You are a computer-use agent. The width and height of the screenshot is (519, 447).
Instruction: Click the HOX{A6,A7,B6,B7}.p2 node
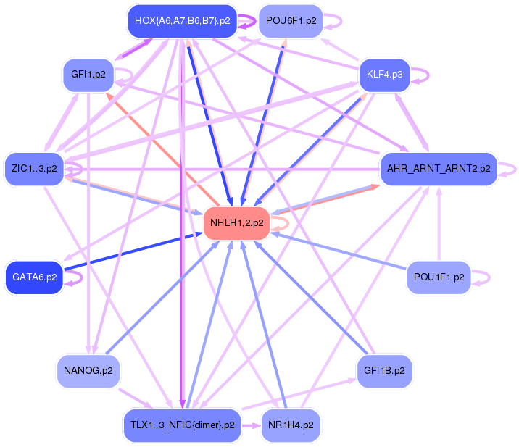coord(182,21)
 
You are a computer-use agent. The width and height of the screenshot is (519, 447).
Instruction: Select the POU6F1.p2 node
coord(291,21)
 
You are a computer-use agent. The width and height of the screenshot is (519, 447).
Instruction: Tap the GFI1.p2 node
coord(88,75)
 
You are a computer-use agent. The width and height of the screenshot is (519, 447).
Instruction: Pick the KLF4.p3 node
coord(385,75)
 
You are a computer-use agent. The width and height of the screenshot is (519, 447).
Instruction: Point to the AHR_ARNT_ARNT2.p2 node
coord(439,169)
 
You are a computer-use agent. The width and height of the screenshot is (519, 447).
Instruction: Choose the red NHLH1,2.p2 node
coord(236,222)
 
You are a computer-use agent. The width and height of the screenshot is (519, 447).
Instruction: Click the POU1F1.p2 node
coord(439,277)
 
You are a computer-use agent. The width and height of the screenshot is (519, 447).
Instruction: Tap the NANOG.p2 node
coord(88,371)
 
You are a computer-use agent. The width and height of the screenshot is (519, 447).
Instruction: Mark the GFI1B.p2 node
coord(385,371)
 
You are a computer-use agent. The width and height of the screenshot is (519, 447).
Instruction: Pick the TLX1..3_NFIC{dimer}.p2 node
coord(182,425)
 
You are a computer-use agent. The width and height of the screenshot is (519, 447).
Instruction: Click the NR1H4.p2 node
coord(291,425)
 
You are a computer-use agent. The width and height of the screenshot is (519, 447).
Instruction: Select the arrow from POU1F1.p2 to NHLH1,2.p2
coord(341,251)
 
